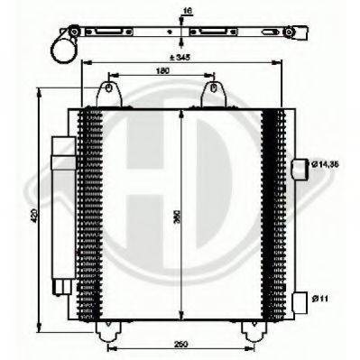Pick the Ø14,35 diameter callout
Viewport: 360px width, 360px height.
coord(327,165)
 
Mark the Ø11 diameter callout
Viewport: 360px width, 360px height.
coord(321,298)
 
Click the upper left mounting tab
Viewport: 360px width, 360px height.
coord(107,93)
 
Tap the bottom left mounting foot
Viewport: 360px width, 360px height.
coord(106,333)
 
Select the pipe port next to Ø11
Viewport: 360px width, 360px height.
coord(300,300)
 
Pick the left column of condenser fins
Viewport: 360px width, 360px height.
coord(90,217)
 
